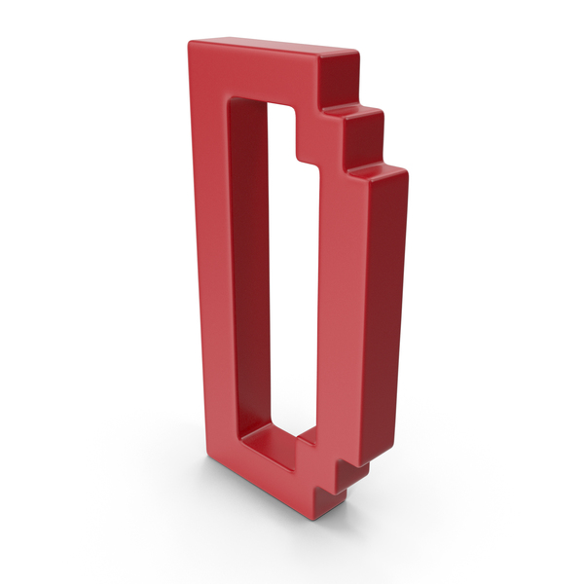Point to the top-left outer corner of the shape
pyautogui.click(x=189, y=42)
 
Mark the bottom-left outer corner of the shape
pyautogui.click(x=204, y=458)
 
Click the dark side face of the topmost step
pyautogui.click(x=340, y=79)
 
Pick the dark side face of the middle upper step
pyautogui.click(x=364, y=138)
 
